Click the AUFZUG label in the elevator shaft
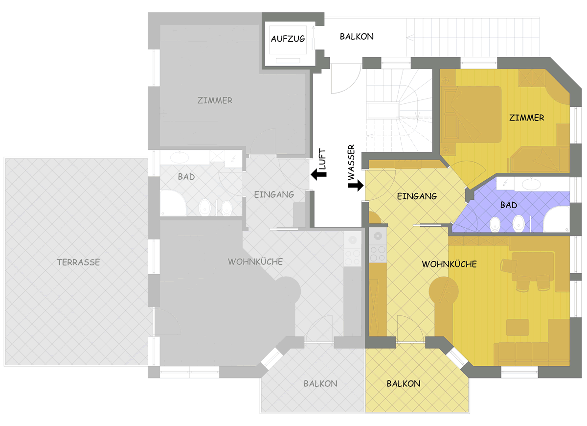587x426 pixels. pyautogui.click(x=288, y=39)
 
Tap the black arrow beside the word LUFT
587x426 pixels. pyautogui.click(x=318, y=174)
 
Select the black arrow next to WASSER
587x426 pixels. pyautogui.click(x=356, y=186)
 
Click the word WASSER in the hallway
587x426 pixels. pyautogui.click(x=351, y=162)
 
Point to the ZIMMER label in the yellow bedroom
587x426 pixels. pyautogui.click(x=526, y=118)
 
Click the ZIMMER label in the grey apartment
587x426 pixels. pyautogui.click(x=215, y=100)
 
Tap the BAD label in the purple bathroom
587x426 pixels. pyautogui.click(x=509, y=205)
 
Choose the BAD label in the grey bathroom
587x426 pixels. pyautogui.click(x=186, y=177)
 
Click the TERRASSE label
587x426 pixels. pyautogui.click(x=78, y=262)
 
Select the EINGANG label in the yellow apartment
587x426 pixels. pyautogui.click(x=417, y=196)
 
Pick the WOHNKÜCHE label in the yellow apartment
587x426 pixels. pyautogui.click(x=449, y=264)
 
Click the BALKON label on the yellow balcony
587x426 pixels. pyautogui.click(x=404, y=384)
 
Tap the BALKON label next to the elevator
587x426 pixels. pyautogui.click(x=357, y=36)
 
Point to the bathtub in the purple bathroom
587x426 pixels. pyautogui.click(x=556, y=219)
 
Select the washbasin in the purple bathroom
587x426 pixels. pyautogui.click(x=531, y=184)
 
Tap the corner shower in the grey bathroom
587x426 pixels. pyautogui.click(x=173, y=203)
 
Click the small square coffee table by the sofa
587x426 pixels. pyautogui.click(x=518, y=327)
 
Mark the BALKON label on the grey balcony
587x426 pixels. pyautogui.click(x=320, y=384)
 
